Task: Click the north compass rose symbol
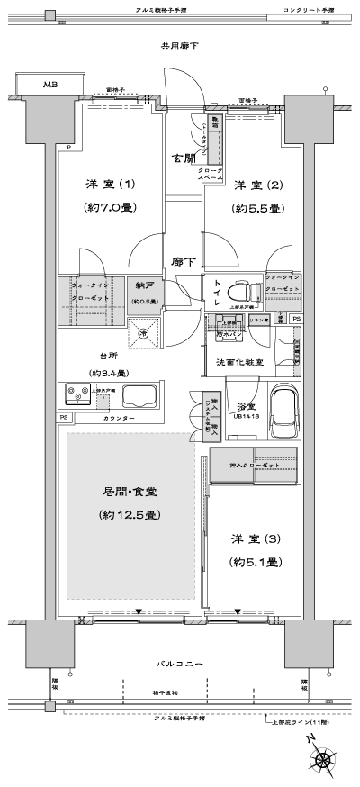click(321, 759)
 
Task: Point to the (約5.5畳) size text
click(258, 208)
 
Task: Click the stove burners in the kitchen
click(77, 395)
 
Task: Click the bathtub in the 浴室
click(280, 410)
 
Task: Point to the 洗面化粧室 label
click(239, 361)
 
